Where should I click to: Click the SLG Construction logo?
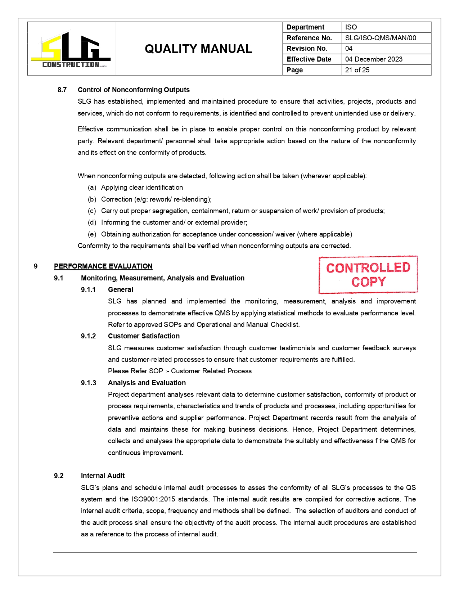(x=71, y=50)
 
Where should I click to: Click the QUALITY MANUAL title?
(x=198, y=49)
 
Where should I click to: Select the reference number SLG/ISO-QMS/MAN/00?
(x=380, y=38)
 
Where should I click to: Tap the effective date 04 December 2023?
(x=374, y=59)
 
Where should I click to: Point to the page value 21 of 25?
(x=357, y=70)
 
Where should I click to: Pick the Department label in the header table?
(x=305, y=27)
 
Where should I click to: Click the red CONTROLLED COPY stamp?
(x=368, y=275)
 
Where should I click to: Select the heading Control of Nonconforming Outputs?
(x=134, y=90)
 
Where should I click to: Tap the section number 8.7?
(x=62, y=90)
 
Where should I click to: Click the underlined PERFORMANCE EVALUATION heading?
(x=103, y=266)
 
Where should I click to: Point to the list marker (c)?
(x=92, y=211)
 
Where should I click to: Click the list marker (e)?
(x=92, y=234)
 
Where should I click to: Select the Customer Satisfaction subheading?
(x=144, y=336)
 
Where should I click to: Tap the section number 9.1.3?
(x=88, y=383)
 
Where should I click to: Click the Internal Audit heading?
(x=103, y=476)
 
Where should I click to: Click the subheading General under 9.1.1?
(x=121, y=289)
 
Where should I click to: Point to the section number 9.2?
(x=59, y=476)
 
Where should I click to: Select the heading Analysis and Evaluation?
(x=147, y=383)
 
